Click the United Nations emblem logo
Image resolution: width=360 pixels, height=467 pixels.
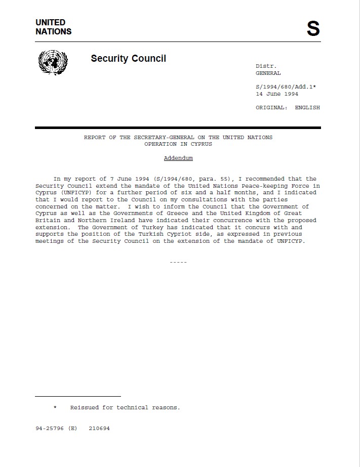coord(53,62)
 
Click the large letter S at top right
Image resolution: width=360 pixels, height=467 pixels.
coord(313,29)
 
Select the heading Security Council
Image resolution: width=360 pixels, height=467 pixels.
coord(128,58)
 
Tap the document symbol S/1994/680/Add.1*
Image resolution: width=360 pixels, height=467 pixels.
coord(286,87)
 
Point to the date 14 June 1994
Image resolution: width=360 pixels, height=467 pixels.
coord(277,94)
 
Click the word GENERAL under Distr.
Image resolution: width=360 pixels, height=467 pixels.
coord(268,73)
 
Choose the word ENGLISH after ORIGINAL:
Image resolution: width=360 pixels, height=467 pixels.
coord(307,107)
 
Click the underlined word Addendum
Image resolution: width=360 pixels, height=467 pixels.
coord(178,158)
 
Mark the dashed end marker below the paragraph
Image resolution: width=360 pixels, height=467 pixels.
coord(178,262)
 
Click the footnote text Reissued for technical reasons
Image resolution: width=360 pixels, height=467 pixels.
coord(125,407)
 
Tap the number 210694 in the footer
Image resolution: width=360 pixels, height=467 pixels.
coord(99,428)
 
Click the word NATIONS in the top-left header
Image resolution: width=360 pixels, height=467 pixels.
coord(53,31)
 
